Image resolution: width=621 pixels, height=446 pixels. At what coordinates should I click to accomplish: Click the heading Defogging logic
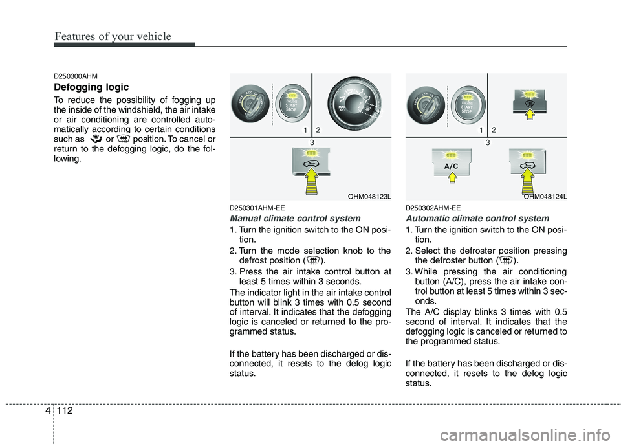pos(91,87)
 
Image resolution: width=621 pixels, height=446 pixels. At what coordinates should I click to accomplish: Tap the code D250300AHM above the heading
pos(76,76)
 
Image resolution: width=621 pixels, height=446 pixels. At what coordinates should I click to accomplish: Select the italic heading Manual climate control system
pos(294,218)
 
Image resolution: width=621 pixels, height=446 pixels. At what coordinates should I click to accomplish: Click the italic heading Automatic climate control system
pos(477,218)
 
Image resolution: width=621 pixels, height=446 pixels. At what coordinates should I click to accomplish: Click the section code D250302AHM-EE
pos(433,208)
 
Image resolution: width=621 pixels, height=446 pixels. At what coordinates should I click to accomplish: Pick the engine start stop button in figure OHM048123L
pos(292,102)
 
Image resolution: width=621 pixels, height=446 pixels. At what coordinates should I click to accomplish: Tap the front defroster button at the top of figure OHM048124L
pos(529,96)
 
